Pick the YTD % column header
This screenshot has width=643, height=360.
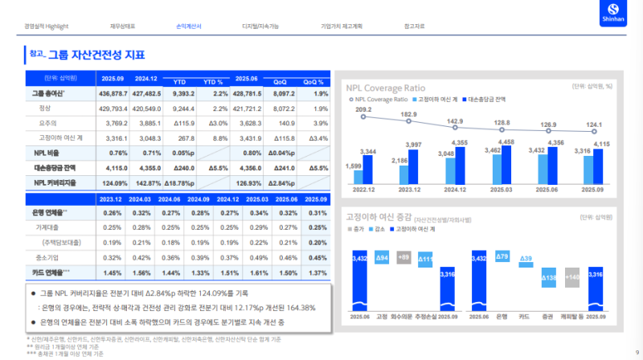coord(213,82)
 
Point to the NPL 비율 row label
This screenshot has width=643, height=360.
coord(46,152)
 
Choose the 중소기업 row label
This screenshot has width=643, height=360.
coord(46,258)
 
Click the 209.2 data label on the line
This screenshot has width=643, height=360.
coord(363,110)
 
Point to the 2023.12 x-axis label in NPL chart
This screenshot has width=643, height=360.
coord(410,190)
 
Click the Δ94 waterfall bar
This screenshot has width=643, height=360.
coord(383,257)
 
